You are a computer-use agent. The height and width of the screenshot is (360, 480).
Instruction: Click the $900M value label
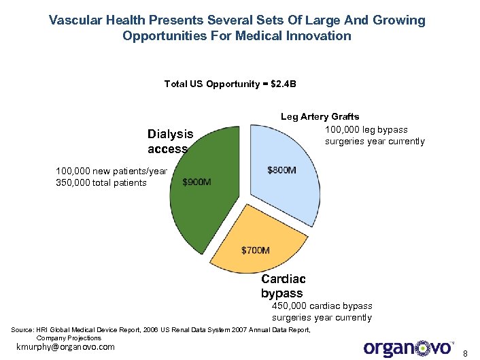click(x=197, y=182)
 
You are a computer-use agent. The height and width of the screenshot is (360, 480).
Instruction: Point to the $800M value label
click(x=281, y=169)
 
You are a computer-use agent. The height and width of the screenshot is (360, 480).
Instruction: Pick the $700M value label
click(x=256, y=250)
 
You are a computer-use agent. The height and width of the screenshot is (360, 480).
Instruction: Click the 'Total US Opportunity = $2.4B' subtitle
click(x=230, y=84)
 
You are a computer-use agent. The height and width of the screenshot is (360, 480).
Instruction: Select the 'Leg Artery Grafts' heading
click(x=320, y=117)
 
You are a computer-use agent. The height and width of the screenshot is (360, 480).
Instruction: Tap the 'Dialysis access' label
click(x=170, y=142)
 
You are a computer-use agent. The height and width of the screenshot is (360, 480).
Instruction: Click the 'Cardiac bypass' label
click(x=283, y=286)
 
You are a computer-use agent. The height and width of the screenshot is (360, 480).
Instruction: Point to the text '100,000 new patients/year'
click(x=112, y=171)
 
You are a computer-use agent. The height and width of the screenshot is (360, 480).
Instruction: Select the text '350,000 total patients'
click(x=101, y=182)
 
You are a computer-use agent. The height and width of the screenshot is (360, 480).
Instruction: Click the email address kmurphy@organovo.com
click(x=65, y=347)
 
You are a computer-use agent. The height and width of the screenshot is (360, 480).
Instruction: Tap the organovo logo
click(x=409, y=347)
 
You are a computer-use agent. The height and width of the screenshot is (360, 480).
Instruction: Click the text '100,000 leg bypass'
click(x=366, y=129)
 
